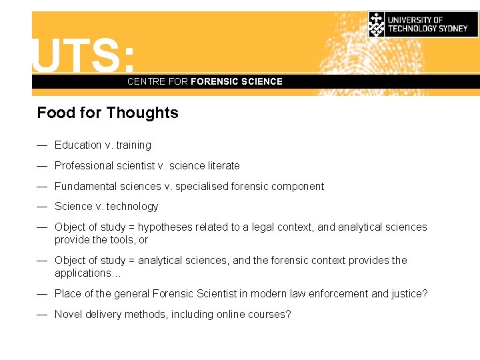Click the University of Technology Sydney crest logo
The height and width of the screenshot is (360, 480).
pos(377,24)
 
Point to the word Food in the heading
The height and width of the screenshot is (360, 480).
pos(56,113)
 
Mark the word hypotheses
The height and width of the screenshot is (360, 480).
pos(166,227)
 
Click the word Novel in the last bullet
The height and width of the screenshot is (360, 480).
pos(69,315)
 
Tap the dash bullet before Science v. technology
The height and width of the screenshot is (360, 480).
pos(42,207)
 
